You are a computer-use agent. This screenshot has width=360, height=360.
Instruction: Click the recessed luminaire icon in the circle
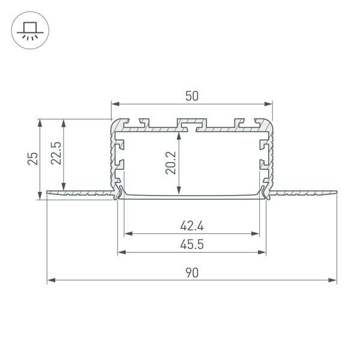(x=28, y=29)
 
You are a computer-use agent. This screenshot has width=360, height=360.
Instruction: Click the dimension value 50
(x=191, y=95)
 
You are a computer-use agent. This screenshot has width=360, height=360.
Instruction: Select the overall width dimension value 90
(x=191, y=272)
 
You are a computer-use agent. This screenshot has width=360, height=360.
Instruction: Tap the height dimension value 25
(x=33, y=158)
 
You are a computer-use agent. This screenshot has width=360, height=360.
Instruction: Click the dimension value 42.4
(x=191, y=226)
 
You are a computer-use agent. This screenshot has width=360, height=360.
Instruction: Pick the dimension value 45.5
(x=191, y=245)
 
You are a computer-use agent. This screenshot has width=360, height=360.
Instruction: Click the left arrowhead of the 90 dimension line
(x=50, y=280)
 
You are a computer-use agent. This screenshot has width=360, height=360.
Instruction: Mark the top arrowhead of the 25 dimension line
(x=40, y=122)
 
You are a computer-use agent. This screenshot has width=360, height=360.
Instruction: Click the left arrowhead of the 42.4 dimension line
(x=127, y=234)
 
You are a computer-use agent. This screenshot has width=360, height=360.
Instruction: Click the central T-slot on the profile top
(x=191, y=124)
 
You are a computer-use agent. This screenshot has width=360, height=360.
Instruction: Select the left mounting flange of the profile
(x=78, y=193)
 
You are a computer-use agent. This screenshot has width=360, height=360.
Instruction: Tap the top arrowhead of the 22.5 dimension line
(x=63, y=122)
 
